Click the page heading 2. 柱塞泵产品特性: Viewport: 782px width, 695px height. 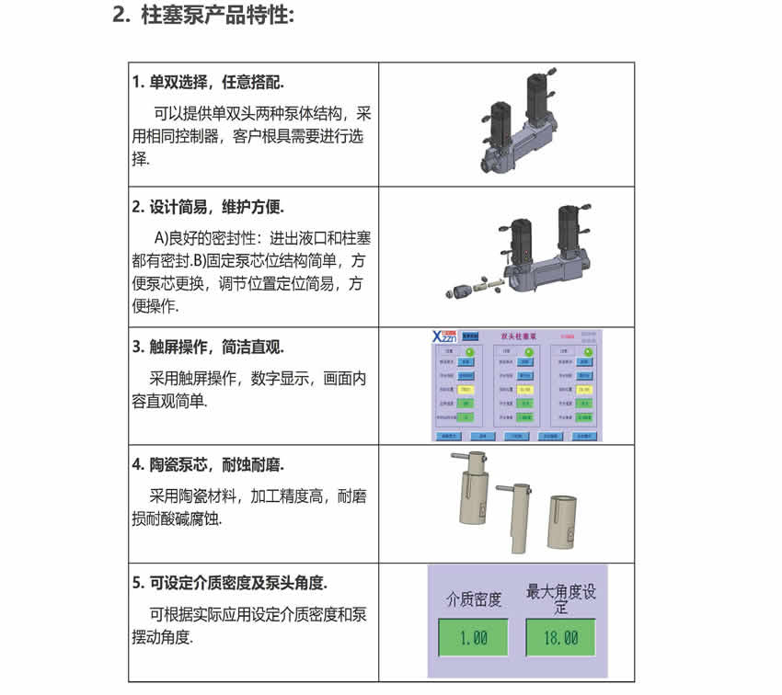[203, 17]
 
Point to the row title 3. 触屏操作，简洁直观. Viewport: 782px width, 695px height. [208, 347]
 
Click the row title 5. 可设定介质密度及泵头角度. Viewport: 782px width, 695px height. [230, 583]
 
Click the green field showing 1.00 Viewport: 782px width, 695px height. [473, 637]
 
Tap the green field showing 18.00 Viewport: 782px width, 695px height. [560, 637]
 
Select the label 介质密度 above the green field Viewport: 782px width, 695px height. [474, 600]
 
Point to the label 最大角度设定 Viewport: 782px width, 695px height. [560, 598]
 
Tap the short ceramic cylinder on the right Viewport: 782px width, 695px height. [561, 525]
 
